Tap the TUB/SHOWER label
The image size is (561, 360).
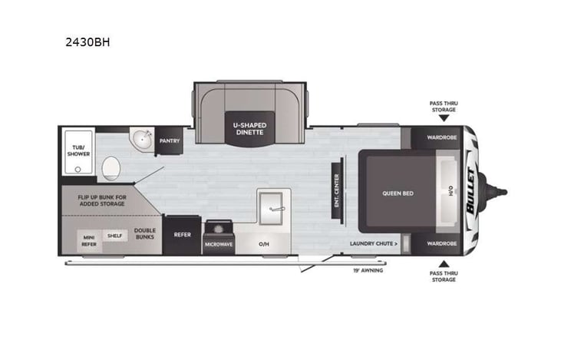pos(78,150)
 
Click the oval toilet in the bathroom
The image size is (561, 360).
pos(112,166)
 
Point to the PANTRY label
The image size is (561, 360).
pos(169,141)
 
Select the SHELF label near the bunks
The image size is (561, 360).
pos(115,236)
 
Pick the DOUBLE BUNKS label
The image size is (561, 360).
pos(144,233)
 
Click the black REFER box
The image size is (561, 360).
pos(182,235)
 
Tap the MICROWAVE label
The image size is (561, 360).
pos(219,244)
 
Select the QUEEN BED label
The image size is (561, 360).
pos(398,193)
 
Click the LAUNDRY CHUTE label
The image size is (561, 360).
pos(374,243)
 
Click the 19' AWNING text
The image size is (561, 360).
pos(368,270)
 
